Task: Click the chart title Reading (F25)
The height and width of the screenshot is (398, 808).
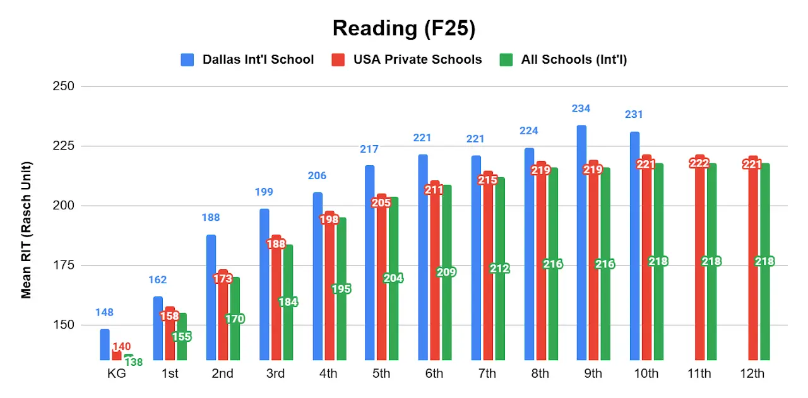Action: (x=403, y=28)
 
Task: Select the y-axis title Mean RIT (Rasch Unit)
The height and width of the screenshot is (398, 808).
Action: (x=27, y=230)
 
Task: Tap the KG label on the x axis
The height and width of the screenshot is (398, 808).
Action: (x=117, y=373)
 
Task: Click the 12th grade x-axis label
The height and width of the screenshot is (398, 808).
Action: (x=752, y=373)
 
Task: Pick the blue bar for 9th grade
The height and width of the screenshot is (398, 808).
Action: (x=581, y=243)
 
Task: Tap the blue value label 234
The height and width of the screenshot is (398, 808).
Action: (x=581, y=108)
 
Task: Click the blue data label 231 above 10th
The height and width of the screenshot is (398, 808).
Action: (x=634, y=115)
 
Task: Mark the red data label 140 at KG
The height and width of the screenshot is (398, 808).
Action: (x=122, y=346)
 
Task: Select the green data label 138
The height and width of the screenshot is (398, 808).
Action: (x=133, y=362)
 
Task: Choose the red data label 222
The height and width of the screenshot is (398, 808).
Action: (x=699, y=163)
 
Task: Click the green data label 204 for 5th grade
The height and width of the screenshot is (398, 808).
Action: (x=393, y=278)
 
